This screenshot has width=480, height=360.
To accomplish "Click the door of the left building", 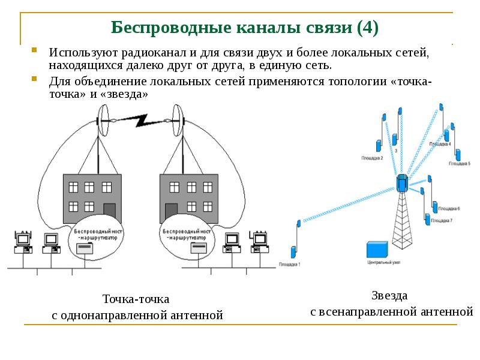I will [109, 210].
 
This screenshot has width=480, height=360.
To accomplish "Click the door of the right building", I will [170, 210].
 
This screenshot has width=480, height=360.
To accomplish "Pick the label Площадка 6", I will [449, 208].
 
